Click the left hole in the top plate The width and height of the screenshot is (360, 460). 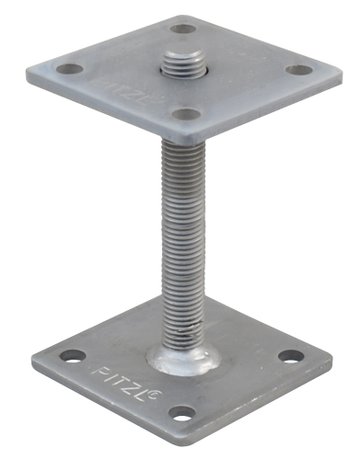[x=70, y=69]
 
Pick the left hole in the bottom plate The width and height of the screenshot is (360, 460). [x=69, y=355]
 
